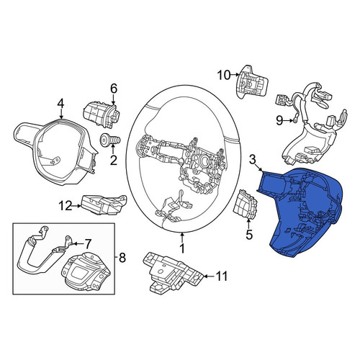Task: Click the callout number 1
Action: tap(182, 248)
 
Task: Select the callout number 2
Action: tap(113, 160)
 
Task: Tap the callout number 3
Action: tap(253, 160)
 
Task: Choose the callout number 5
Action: tap(249, 235)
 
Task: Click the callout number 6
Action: tap(114, 89)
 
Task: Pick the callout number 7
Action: tap(88, 244)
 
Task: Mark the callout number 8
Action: tap(122, 258)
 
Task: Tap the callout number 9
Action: tap(279, 120)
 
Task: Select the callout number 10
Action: tap(224, 75)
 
